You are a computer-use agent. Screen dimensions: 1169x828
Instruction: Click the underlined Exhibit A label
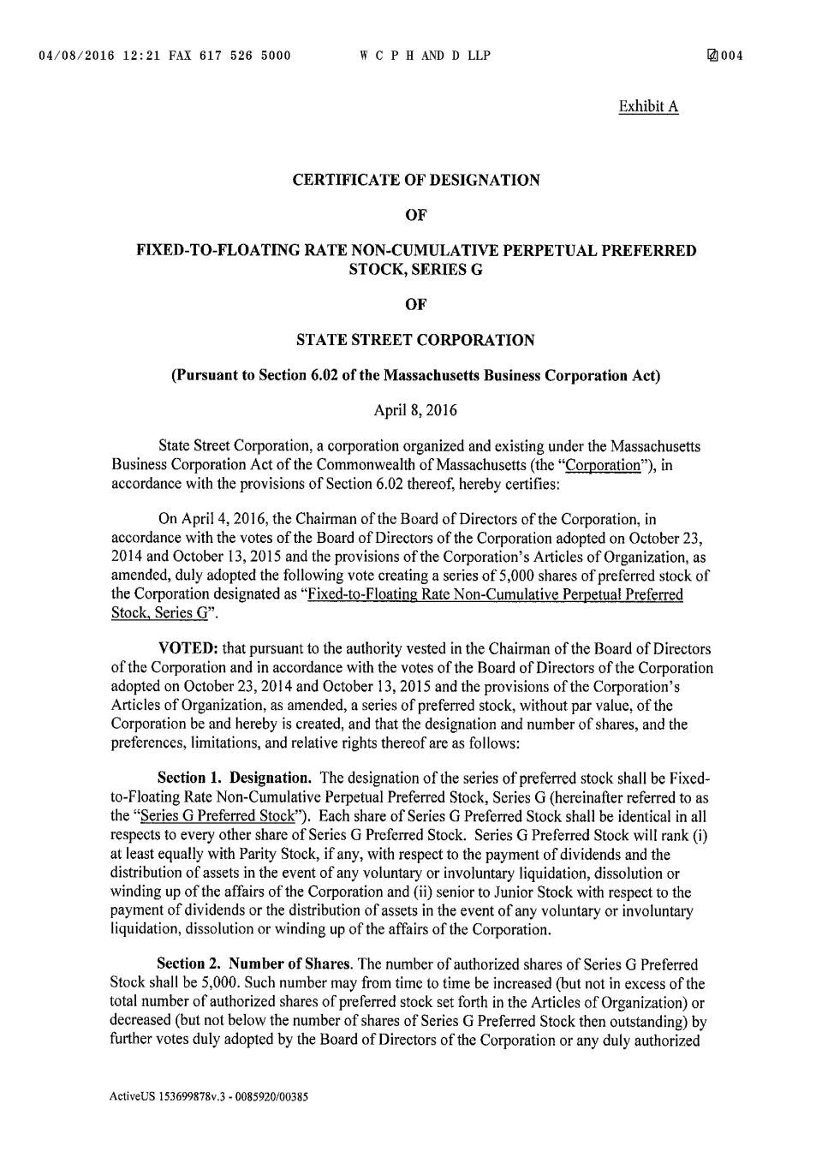pyautogui.click(x=648, y=106)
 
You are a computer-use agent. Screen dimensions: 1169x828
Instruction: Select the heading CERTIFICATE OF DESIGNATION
pyautogui.click(x=416, y=180)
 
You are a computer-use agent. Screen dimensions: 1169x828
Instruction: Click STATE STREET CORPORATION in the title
pyautogui.click(x=415, y=340)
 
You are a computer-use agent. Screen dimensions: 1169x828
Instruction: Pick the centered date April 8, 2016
pyautogui.click(x=415, y=410)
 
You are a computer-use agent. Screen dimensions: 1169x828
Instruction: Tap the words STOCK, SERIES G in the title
pyautogui.click(x=415, y=269)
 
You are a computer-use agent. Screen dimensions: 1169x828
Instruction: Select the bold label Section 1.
pyautogui.click(x=188, y=778)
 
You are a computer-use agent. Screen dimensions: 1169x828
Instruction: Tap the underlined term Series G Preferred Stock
pyautogui.click(x=217, y=816)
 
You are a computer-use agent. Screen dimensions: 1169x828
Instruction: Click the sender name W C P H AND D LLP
pyautogui.click(x=425, y=57)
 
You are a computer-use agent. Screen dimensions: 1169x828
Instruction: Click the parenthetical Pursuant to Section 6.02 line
pyautogui.click(x=416, y=375)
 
